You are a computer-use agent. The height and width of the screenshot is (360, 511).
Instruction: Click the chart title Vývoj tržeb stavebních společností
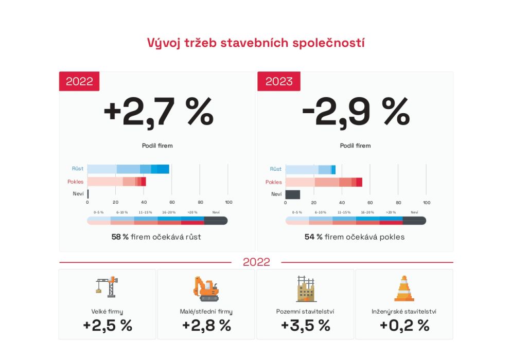(256, 43)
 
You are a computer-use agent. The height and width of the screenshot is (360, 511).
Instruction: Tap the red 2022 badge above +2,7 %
(79, 81)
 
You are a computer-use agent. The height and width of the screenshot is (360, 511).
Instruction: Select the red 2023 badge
(278, 81)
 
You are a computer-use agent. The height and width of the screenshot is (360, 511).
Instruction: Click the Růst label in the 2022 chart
(78, 169)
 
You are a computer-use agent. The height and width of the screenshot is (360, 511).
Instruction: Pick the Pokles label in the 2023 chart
(274, 182)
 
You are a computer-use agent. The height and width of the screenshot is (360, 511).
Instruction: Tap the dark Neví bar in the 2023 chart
(292, 194)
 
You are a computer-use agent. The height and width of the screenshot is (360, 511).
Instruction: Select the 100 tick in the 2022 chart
(229, 202)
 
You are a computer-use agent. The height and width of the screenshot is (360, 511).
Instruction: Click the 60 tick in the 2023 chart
(370, 202)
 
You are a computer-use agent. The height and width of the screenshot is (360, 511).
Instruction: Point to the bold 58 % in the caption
(120, 237)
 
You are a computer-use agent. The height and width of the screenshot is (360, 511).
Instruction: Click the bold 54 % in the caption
(313, 237)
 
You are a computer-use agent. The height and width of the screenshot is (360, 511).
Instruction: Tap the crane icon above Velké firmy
(107, 287)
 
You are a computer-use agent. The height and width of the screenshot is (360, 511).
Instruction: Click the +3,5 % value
(305, 325)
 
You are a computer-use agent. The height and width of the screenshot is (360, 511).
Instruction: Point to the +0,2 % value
(404, 325)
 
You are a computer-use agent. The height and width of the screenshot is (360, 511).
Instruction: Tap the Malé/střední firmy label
(206, 312)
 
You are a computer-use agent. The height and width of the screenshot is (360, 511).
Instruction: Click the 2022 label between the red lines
(256, 262)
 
